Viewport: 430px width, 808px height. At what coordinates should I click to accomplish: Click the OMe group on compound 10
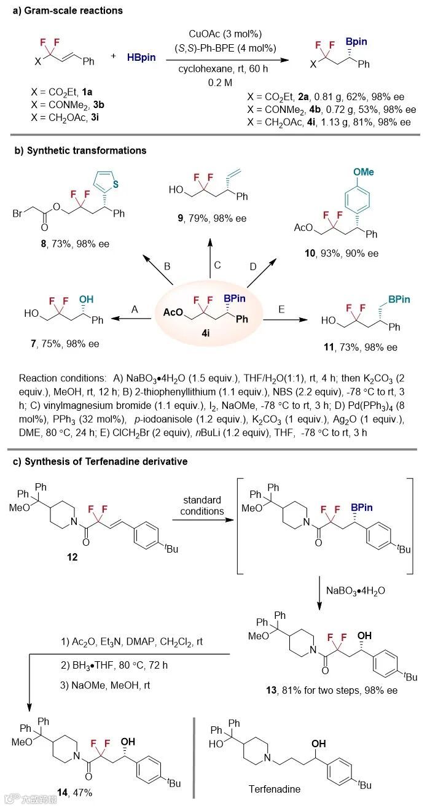tap(362, 172)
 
